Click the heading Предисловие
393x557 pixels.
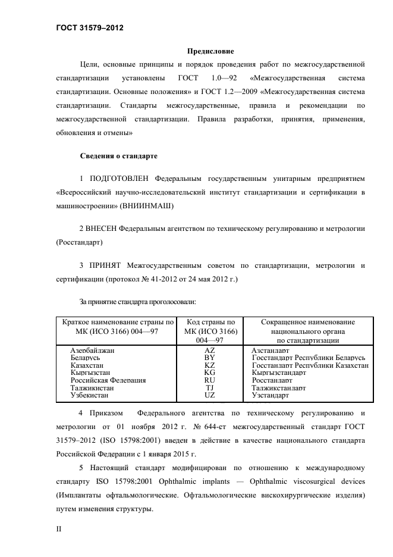click(x=211, y=51)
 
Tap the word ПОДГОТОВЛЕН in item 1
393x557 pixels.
click(x=120, y=179)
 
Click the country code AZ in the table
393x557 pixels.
click(x=209, y=351)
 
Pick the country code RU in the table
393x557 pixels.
click(x=209, y=380)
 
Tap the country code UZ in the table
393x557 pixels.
click(x=209, y=395)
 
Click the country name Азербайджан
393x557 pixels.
click(x=92, y=351)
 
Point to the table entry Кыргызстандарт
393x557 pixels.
click(x=279, y=373)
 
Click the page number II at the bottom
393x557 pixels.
click(x=58, y=527)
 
